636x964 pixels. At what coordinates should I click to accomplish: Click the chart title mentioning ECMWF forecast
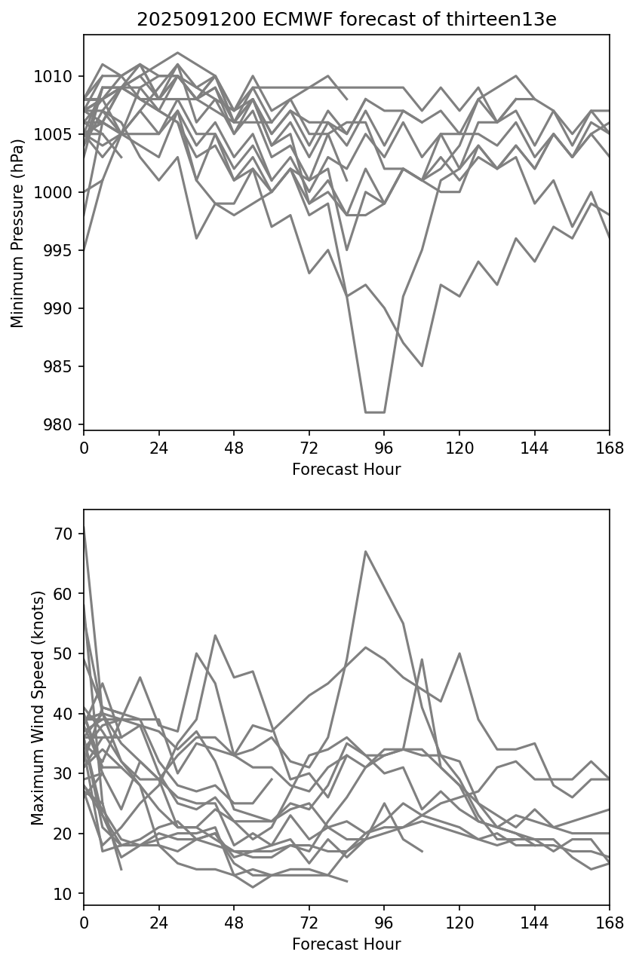click(346, 20)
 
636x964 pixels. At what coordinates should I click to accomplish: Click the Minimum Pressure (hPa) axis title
click(17, 233)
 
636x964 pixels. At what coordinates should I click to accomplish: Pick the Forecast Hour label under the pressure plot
click(346, 470)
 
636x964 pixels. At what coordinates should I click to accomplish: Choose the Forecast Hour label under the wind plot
click(346, 944)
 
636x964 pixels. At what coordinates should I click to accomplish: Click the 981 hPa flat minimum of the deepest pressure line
click(375, 412)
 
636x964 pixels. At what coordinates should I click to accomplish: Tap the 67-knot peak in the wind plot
click(366, 551)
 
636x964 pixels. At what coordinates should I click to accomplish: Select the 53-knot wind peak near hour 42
click(215, 635)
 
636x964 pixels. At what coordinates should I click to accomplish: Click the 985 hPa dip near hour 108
click(422, 366)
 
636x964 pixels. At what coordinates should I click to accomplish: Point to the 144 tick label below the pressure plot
click(534, 448)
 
